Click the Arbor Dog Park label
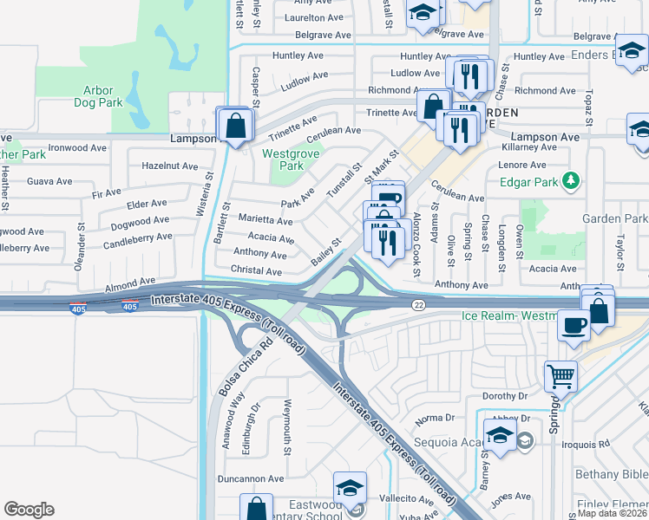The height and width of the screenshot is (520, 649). [104, 95]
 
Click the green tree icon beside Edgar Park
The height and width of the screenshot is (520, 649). [571, 181]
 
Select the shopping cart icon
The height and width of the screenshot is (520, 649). [560, 376]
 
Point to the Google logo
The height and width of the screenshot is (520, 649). [29, 510]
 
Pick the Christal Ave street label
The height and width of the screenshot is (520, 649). [257, 271]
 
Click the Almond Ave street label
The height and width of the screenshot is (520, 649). [129, 283]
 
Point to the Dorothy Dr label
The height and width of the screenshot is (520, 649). [505, 396]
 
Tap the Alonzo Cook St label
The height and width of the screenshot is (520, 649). [416, 244]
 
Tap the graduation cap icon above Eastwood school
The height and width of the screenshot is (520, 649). [350, 487]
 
